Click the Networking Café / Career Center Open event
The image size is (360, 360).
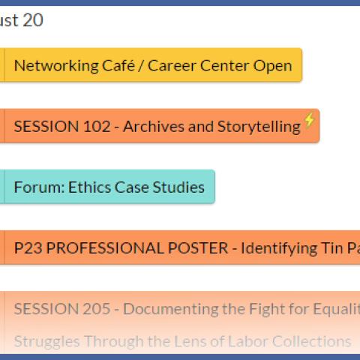tap(153, 65)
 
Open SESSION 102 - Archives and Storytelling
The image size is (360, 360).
tap(157, 126)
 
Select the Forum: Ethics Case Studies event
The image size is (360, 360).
tap(109, 187)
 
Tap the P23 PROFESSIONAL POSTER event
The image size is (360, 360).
tap(180, 247)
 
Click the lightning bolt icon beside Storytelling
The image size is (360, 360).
tap(310, 120)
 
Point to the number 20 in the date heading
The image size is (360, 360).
tap(33, 20)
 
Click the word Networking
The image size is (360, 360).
tap(51, 65)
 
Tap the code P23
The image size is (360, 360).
tap(27, 247)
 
